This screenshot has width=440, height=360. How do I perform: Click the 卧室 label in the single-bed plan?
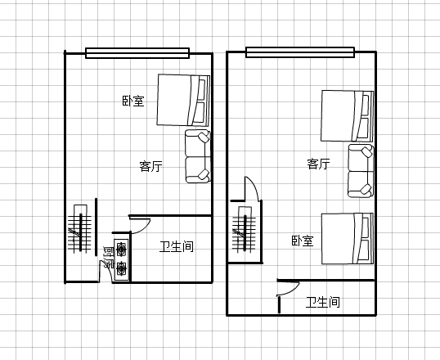pyautogui.click(x=133, y=101)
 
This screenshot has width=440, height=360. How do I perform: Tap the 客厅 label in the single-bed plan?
pyautogui.click(x=151, y=166)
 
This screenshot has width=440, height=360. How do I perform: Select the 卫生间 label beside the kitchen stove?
pyautogui.click(x=177, y=246)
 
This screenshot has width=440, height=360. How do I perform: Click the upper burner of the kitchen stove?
pyautogui.click(x=121, y=249)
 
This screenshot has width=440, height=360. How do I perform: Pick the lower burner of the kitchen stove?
pyautogui.click(x=121, y=268)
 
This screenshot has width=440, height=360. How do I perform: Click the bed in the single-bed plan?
pyautogui.click(x=183, y=101)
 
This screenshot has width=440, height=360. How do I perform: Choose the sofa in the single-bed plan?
pyautogui.click(x=198, y=156)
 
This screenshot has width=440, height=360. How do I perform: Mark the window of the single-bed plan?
pyautogui.click(x=137, y=53)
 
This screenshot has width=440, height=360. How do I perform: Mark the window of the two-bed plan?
pyautogui.click(x=300, y=52)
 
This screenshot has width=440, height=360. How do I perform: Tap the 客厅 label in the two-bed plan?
pyautogui.click(x=318, y=164)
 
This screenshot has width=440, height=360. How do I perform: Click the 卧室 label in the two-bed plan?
pyautogui.click(x=303, y=241)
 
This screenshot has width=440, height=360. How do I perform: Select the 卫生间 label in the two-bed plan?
pyautogui.click(x=323, y=302)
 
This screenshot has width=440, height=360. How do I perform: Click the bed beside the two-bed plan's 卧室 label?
pyautogui.click(x=348, y=239)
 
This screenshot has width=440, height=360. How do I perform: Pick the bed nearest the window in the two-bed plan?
pyautogui.click(x=348, y=115)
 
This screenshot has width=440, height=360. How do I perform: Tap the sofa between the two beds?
pyautogui.click(x=361, y=171)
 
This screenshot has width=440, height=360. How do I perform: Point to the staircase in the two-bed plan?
pyautogui.click(x=245, y=230)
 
